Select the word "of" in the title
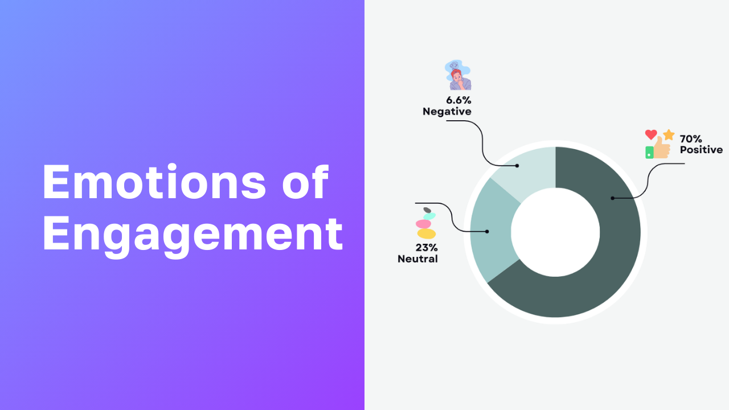(x=305, y=182)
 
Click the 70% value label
(x=691, y=139)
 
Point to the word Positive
(x=701, y=150)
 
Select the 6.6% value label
(x=458, y=100)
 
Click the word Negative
(x=447, y=112)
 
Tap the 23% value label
(x=427, y=248)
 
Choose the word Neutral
(x=417, y=259)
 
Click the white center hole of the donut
(x=555, y=232)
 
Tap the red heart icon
(x=651, y=134)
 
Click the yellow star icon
(x=669, y=135)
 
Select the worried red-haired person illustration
(x=458, y=75)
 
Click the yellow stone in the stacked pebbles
(x=427, y=233)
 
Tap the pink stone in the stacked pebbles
(x=423, y=224)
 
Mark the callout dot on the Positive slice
(x=612, y=198)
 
